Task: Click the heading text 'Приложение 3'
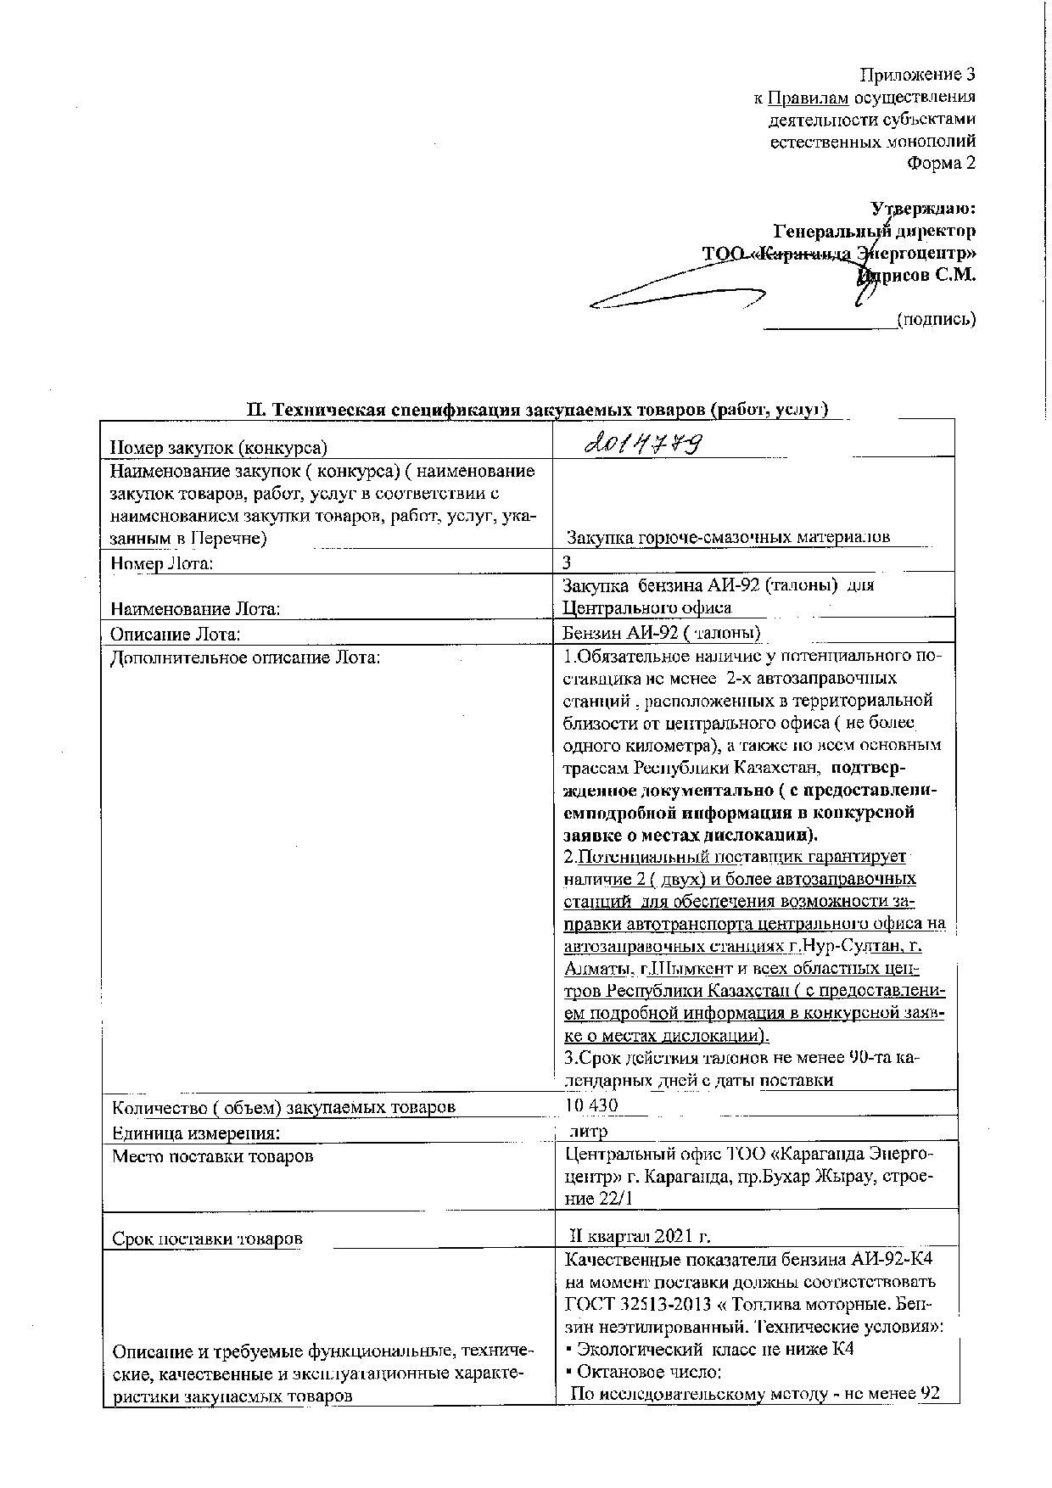point(918,75)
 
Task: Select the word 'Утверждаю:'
point(923,209)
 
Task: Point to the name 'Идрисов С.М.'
point(917,275)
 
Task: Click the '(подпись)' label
point(937,319)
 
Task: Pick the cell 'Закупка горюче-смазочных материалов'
point(728,537)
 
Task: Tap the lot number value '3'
point(568,562)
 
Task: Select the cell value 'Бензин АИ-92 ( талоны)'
point(662,633)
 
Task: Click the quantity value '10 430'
point(591,1105)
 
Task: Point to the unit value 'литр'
point(589,1132)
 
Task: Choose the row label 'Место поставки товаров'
point(213,1156)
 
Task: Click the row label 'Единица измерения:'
point(196,1133)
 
